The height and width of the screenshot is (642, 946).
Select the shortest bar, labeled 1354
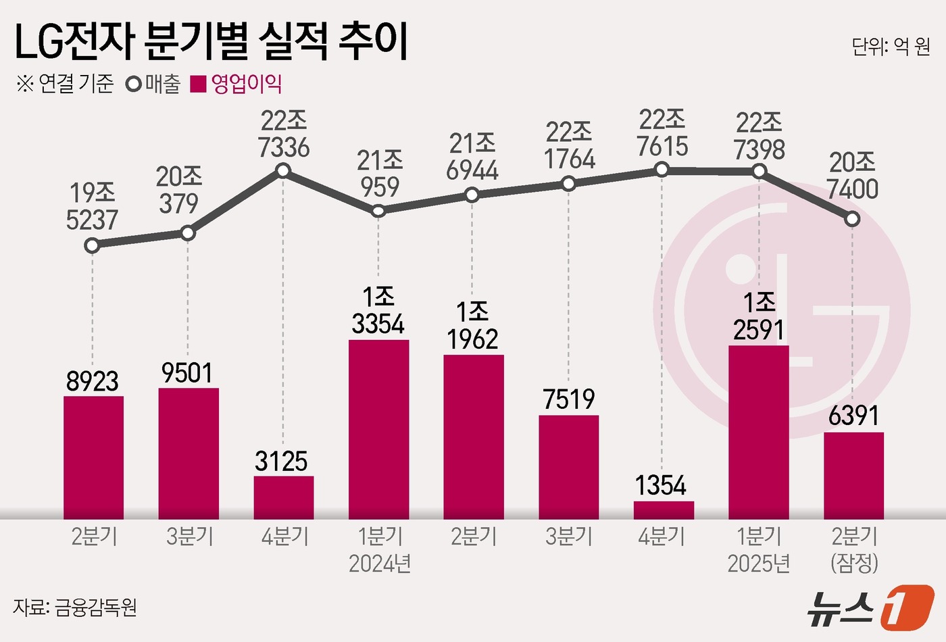point(664,510)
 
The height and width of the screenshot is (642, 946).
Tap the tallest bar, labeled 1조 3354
point(378,429)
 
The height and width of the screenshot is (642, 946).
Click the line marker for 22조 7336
point(283,171)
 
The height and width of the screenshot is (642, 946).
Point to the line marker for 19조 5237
point(93,245)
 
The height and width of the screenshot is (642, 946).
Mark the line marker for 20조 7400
point(853,219)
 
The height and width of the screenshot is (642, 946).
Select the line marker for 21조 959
point(378,211)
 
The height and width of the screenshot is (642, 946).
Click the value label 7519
point(569,399)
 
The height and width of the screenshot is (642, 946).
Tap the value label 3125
point(281,462)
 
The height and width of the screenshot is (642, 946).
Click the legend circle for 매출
point(133,84)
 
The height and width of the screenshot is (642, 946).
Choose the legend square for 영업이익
point(198,84)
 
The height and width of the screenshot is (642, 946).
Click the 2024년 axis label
point(380,563)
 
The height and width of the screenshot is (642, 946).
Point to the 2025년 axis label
point(759,563)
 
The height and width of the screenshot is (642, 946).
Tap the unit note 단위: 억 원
point(891,46)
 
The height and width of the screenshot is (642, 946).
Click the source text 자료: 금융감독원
point(76,607)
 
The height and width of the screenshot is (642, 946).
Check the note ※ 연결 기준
point(65,84)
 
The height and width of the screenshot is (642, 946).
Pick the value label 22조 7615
point(662,132)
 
